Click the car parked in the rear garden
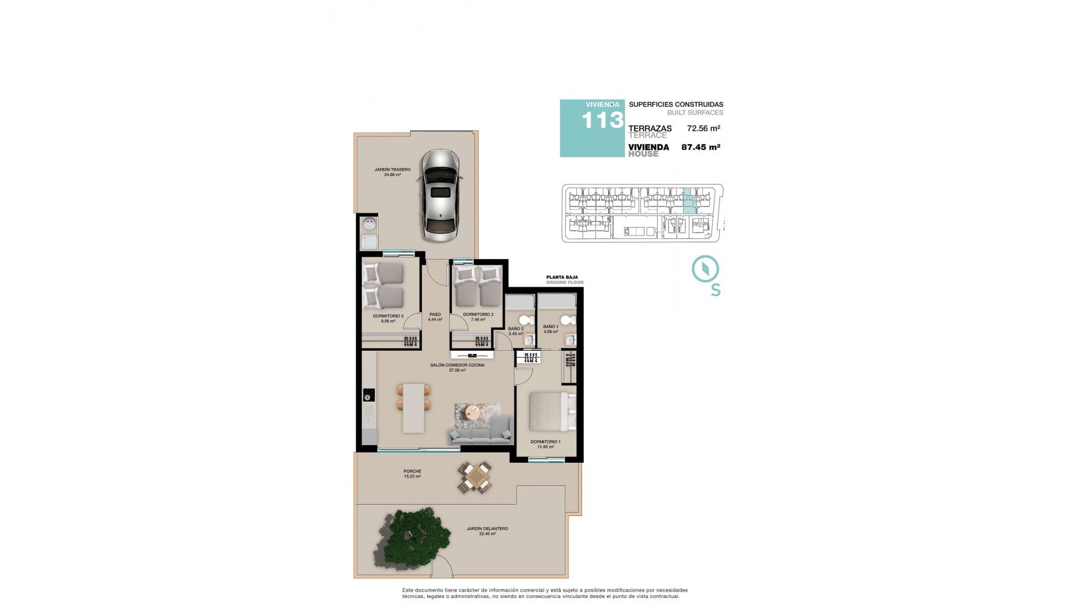coord(440,195)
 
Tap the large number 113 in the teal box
coord(602,121)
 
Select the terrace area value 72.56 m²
coord(703,128)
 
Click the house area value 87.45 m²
coord(700,147)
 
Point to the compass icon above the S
coord(705,269)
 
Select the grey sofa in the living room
coord(479,435)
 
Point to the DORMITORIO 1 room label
coord(545,442)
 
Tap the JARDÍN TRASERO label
coord(392,170)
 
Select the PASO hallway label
coord(435,315)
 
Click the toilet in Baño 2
coord(524,321)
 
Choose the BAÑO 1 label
coord(550,326)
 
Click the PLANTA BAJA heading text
coord(562,277)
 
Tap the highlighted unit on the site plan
coord(690,201)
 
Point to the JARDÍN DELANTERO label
coord(487,529)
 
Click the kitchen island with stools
coord(414,407)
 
